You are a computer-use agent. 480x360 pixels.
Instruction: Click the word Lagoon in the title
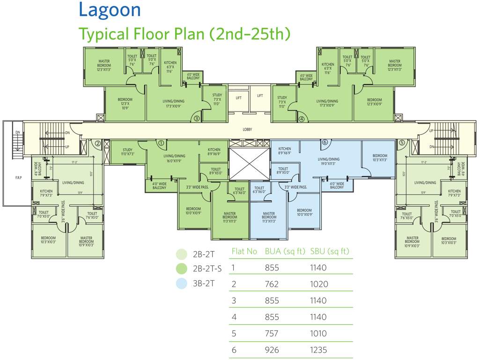point(110,10)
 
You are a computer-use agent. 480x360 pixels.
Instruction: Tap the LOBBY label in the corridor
point(248,129)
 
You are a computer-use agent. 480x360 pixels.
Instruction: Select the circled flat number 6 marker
point(324,142)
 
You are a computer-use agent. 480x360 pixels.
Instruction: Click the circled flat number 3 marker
point(197,119)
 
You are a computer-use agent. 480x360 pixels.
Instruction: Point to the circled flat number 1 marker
point(161,142)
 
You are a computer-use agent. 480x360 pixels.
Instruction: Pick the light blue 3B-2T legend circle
point(181,283)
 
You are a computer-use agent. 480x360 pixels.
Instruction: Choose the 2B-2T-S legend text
point(207,269)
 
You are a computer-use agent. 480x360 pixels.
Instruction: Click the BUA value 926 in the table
point(272,350)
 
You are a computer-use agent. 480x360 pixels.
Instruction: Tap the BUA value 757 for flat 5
point(272,333)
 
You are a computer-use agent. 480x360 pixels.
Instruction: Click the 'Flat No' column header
point(244,251)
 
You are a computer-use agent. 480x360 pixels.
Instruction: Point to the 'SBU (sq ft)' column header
point(330,251)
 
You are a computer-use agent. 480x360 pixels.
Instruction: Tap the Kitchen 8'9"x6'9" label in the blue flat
point(284,151)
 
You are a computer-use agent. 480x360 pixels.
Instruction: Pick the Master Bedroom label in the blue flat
point(269,217)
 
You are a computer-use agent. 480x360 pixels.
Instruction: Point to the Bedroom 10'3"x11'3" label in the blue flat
point(380,157)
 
